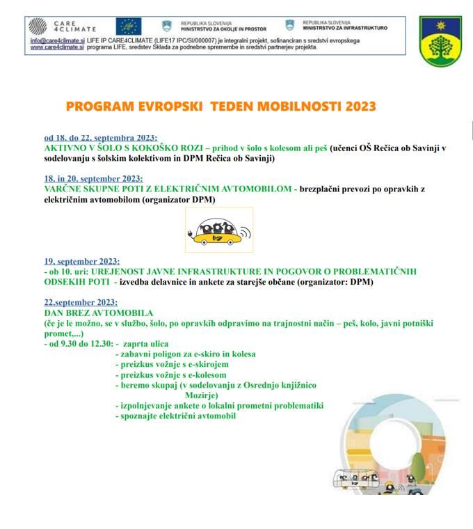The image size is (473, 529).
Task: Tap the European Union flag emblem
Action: (x=129, y=26)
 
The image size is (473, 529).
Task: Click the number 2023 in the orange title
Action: (x=355, y=107)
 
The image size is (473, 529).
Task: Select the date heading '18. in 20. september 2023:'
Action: (x=93, y=179)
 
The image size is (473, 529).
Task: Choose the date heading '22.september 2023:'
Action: (x=81, y=303)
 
